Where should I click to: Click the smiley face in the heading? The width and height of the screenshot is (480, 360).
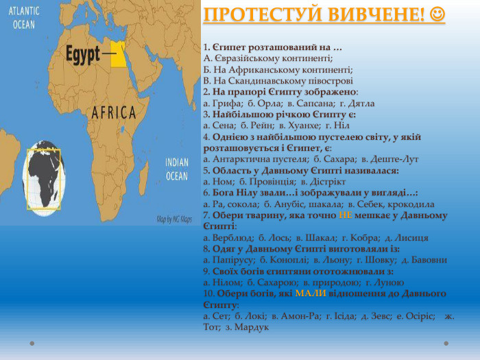(437, 14)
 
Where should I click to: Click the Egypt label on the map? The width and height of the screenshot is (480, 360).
(83, 54)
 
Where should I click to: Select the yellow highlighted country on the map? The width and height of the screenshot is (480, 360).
(118, 54)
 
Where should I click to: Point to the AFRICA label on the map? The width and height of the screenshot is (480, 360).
(114, 112)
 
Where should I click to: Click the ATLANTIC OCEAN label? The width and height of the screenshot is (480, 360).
(24, 18)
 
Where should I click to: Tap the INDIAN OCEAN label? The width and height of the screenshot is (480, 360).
(177, 169)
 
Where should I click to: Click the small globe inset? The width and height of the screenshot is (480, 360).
(44, 178)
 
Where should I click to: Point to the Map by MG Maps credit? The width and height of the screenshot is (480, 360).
(174, 219)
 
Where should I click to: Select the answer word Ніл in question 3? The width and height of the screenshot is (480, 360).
(341, 125)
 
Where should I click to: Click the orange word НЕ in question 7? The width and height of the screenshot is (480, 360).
(346, 215)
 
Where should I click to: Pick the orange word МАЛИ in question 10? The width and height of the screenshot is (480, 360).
(311, 293)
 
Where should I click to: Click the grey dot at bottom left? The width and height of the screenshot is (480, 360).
(32, 344)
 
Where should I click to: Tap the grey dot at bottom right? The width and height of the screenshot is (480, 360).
(446, 344)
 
